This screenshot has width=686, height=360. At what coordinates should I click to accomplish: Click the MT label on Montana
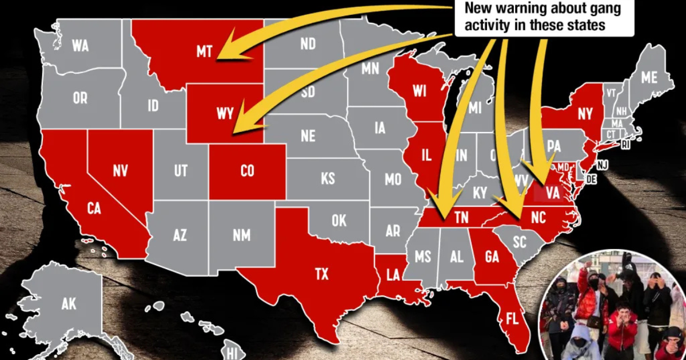point(204,52)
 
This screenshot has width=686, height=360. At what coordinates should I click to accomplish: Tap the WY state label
point(225,113)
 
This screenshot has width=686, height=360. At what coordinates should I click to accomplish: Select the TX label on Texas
point(322,274)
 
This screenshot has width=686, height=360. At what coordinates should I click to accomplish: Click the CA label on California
point(94,209)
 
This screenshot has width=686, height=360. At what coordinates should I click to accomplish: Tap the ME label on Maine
point(649,77)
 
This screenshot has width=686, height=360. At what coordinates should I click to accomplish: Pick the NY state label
point(585,114)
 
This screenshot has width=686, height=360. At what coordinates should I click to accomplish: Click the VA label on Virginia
point(552,193)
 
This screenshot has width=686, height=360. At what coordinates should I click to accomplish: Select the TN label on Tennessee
point(462,218)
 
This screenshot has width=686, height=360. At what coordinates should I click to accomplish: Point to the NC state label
point(539,218)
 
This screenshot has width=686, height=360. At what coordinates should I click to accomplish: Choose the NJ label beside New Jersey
point(602,165)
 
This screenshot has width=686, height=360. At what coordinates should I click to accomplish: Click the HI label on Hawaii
point(231,349)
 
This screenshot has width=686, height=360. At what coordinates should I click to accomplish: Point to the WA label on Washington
point(80,46)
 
